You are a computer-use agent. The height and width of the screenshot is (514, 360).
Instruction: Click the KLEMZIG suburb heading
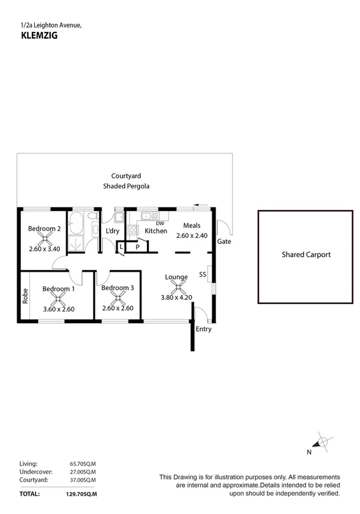pyautogui.click(x=35, y=35)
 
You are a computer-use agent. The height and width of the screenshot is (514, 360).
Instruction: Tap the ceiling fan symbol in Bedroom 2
pyautogui.click(x=43, y=239)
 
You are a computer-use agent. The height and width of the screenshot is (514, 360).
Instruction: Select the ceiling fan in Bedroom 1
pyautogui.click(x=59, y=299)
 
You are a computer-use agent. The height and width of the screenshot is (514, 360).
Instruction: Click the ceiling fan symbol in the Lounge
pyautogui.click(x=177, y=287)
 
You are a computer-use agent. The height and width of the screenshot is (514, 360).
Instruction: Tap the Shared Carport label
pyautogui.click(x=306, y=255)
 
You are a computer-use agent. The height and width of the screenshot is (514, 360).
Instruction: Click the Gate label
pyautogui.click(x=223, y=242)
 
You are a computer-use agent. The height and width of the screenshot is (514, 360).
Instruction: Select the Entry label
pyautogui.click(x=203, y=329)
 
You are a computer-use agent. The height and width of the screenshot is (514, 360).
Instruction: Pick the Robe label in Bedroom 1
pyautogui.click(x=26, y=296)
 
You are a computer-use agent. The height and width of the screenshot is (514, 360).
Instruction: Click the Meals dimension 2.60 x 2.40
pyautogui.click(x=192, y=236)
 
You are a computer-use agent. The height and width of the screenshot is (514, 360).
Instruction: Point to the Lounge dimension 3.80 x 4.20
pyautogui.click(x=177, y=298)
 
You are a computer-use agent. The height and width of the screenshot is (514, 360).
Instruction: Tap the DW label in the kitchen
pyautogui.click(x=160, y=223)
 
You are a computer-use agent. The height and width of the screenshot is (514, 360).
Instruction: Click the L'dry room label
pyautogui.click(x=112, y=231)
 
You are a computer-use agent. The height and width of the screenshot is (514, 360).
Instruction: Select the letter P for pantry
pyautogui.click(x=138, y=247)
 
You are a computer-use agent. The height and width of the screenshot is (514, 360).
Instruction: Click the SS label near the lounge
pyautogui.click(x=202, y=274)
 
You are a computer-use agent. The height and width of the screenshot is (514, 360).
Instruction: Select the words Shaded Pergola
pyautogui.click(x=126, y=186)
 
